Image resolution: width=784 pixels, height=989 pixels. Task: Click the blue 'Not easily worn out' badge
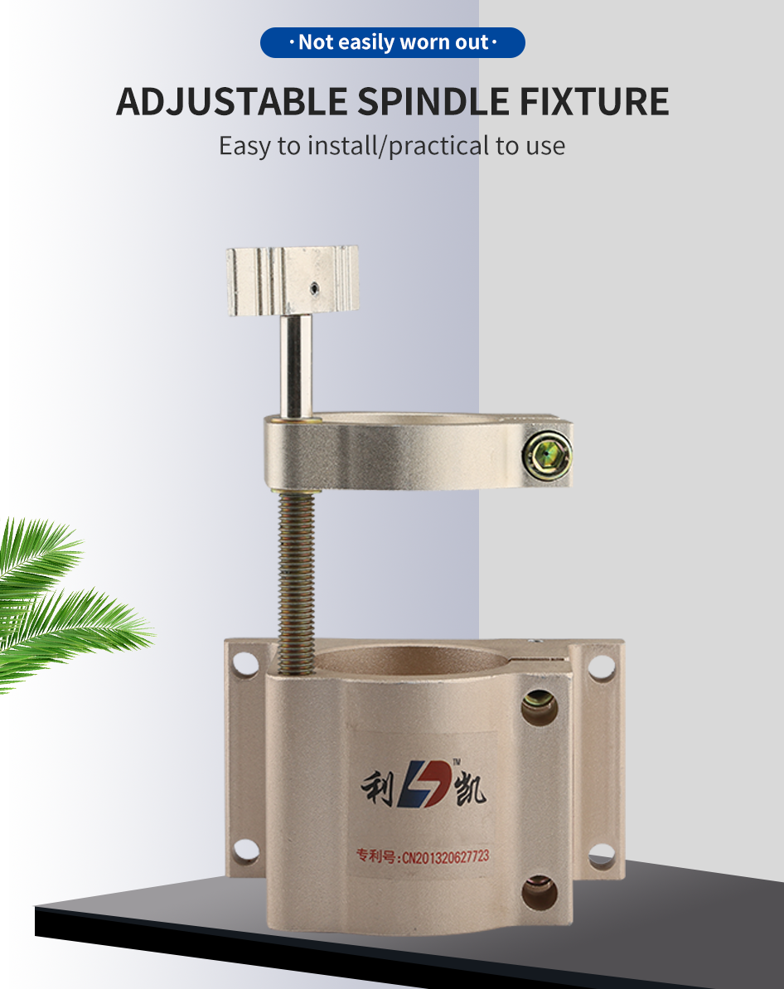coord(392,42)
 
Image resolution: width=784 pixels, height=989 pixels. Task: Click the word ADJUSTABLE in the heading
coord(231,101)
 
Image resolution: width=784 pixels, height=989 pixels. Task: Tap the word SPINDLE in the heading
coord(433,101)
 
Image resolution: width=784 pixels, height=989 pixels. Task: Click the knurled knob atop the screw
coord(293,281)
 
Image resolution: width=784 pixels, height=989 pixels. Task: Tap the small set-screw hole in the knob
coord(314,289)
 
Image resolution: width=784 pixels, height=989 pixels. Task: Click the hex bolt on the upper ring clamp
coord(546,455)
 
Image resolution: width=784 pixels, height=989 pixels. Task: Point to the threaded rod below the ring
coord(296,581)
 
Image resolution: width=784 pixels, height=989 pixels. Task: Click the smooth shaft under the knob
coord(296,366)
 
